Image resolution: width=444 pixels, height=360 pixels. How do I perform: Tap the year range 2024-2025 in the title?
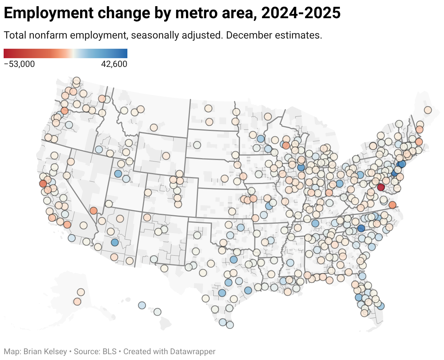point(301,13)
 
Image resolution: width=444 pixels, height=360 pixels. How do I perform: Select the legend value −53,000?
point(19,64)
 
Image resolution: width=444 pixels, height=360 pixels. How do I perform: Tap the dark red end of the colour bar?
point(6,53)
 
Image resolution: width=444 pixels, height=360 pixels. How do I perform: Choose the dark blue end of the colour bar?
point(125,53)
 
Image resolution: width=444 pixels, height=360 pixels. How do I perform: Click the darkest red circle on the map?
point(381,187)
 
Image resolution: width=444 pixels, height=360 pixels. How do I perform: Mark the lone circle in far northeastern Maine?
point(428,110)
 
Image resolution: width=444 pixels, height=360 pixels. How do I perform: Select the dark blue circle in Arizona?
point(115,242)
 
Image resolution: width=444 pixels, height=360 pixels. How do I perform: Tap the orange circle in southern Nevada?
point(94,210)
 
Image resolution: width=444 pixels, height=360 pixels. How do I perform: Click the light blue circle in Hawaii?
point(142,305)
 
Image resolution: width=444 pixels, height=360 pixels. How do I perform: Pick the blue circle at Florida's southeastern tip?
point(381,306)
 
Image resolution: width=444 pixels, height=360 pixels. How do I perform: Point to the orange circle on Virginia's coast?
point(392,205)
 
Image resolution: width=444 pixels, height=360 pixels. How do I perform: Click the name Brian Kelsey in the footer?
point(45,352)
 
